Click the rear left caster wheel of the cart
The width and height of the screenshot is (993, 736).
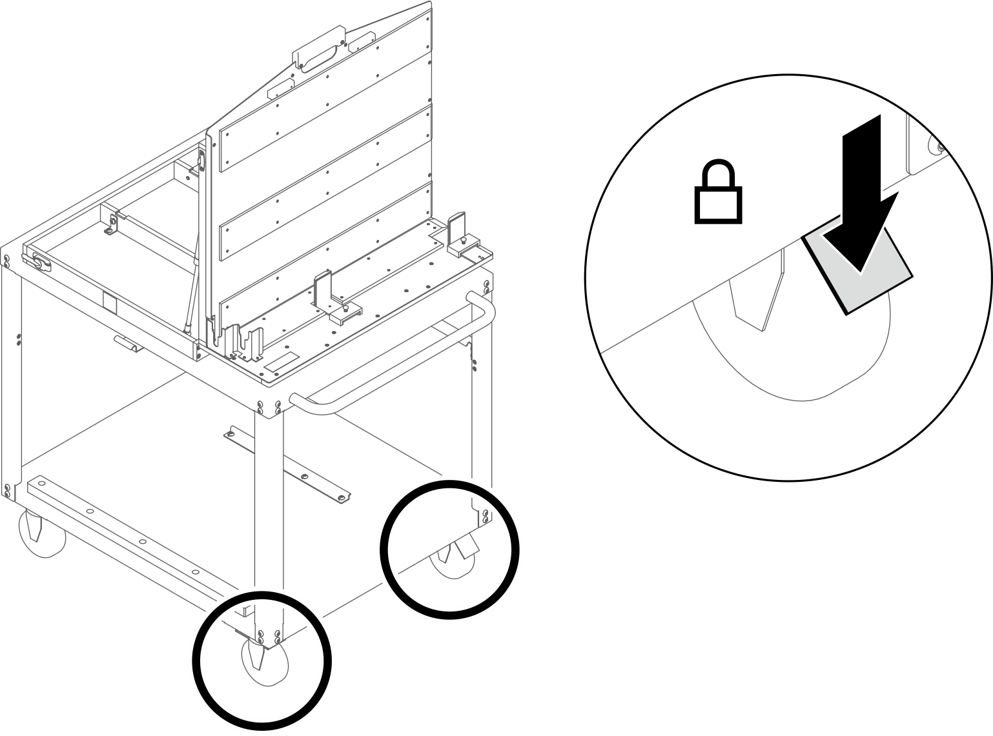click(43, 533)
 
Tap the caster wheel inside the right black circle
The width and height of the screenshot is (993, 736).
click(452, 561)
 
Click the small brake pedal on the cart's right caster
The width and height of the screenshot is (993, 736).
click(466, 549)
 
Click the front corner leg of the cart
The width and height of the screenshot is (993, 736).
click(269, 516)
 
